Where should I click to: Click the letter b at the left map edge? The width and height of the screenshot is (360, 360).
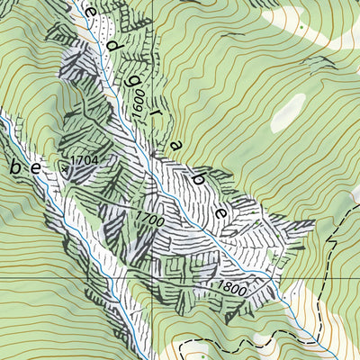pos(14,166)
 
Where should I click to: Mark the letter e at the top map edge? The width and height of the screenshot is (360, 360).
pos(93,13)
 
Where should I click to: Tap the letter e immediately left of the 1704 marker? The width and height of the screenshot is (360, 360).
pos(37,167)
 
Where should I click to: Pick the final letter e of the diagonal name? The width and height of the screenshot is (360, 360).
pos(220,212)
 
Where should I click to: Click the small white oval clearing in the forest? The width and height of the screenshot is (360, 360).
pos(287,112)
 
